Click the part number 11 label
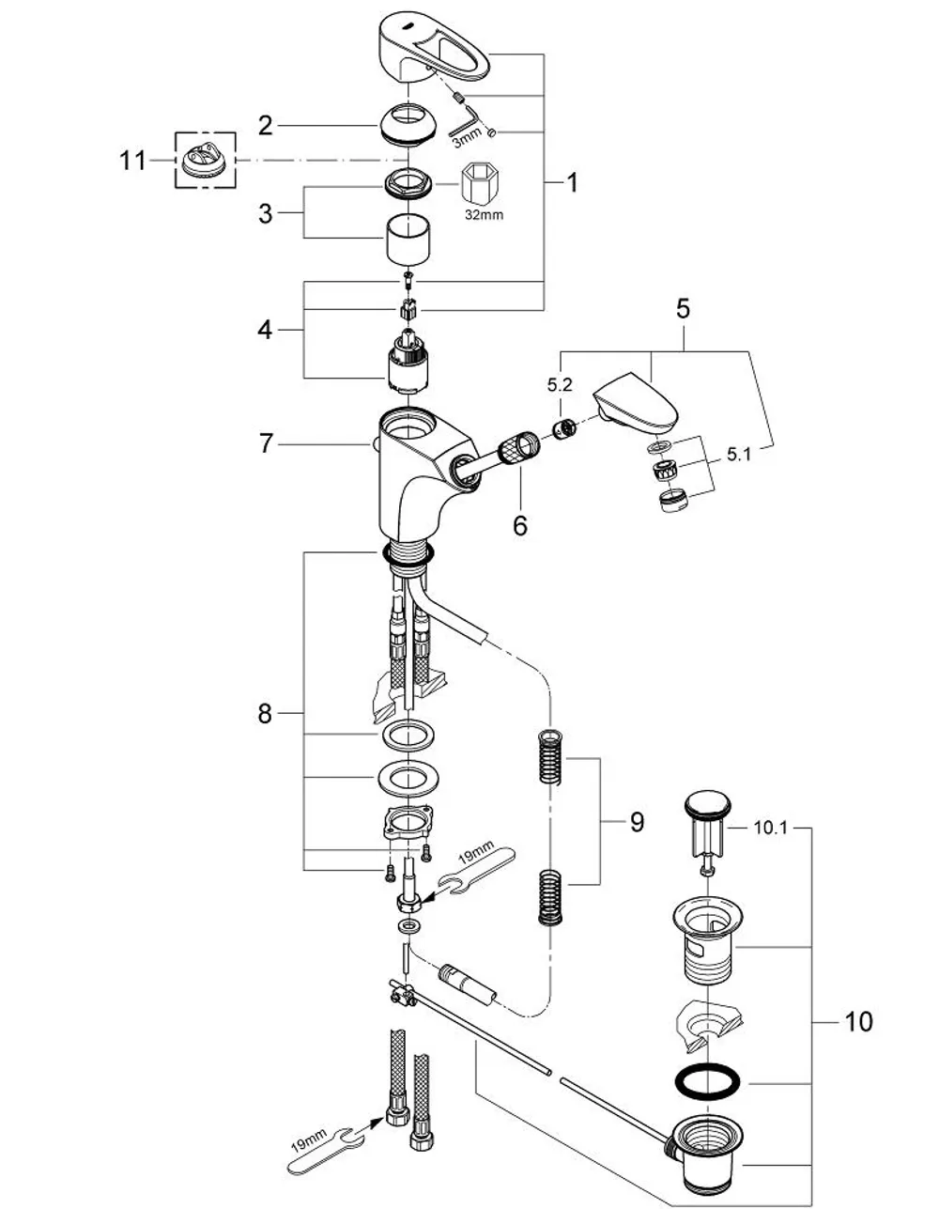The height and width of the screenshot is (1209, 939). [x=132, y=161]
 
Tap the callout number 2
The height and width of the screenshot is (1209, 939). [x=266, y=126]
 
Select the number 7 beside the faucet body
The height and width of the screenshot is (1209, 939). [x=267, y=443]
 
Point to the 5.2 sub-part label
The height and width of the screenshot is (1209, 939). [x=560, y=384]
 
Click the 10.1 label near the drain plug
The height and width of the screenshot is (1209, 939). [x=771, y=829]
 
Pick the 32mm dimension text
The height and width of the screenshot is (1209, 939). [x=485, y=215]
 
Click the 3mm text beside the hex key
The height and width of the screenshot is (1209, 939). [x=466, y=137]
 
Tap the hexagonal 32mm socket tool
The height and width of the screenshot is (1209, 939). [x=480, y=185]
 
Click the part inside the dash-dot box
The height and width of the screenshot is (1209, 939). [x=205, y=163]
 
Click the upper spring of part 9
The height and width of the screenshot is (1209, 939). [x=550, y=757]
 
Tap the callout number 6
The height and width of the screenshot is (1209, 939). [x=520, y=525]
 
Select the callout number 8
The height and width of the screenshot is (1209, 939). [x=265, y=713]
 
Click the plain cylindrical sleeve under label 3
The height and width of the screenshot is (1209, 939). [x=409, y=238]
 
